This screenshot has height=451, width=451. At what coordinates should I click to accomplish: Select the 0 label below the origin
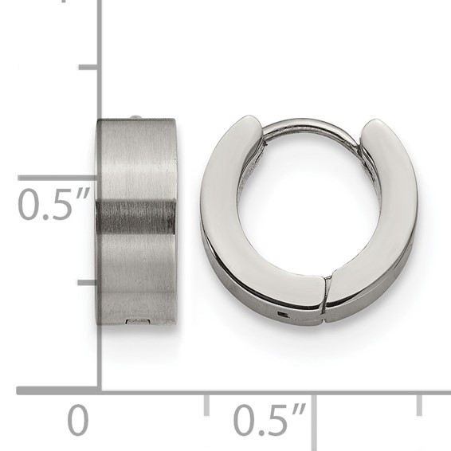[77, 421]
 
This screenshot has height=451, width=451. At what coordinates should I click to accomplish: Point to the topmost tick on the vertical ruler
[88, 68]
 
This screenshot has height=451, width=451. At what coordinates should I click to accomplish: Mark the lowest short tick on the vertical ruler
[88, 282]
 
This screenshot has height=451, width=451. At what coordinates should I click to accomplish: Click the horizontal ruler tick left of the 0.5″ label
[206, 403]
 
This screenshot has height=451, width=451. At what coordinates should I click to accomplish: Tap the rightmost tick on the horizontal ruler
[419, 403]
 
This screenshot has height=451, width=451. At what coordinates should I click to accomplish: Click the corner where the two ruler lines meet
[99, 390]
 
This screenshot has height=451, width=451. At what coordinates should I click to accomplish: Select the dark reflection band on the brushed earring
[136, 217]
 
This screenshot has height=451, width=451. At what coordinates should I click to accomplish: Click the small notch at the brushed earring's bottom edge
[138, 321]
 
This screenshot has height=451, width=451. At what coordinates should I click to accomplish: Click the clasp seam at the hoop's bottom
[326, 294]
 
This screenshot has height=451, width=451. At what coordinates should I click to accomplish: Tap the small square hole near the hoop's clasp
[284, 315]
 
